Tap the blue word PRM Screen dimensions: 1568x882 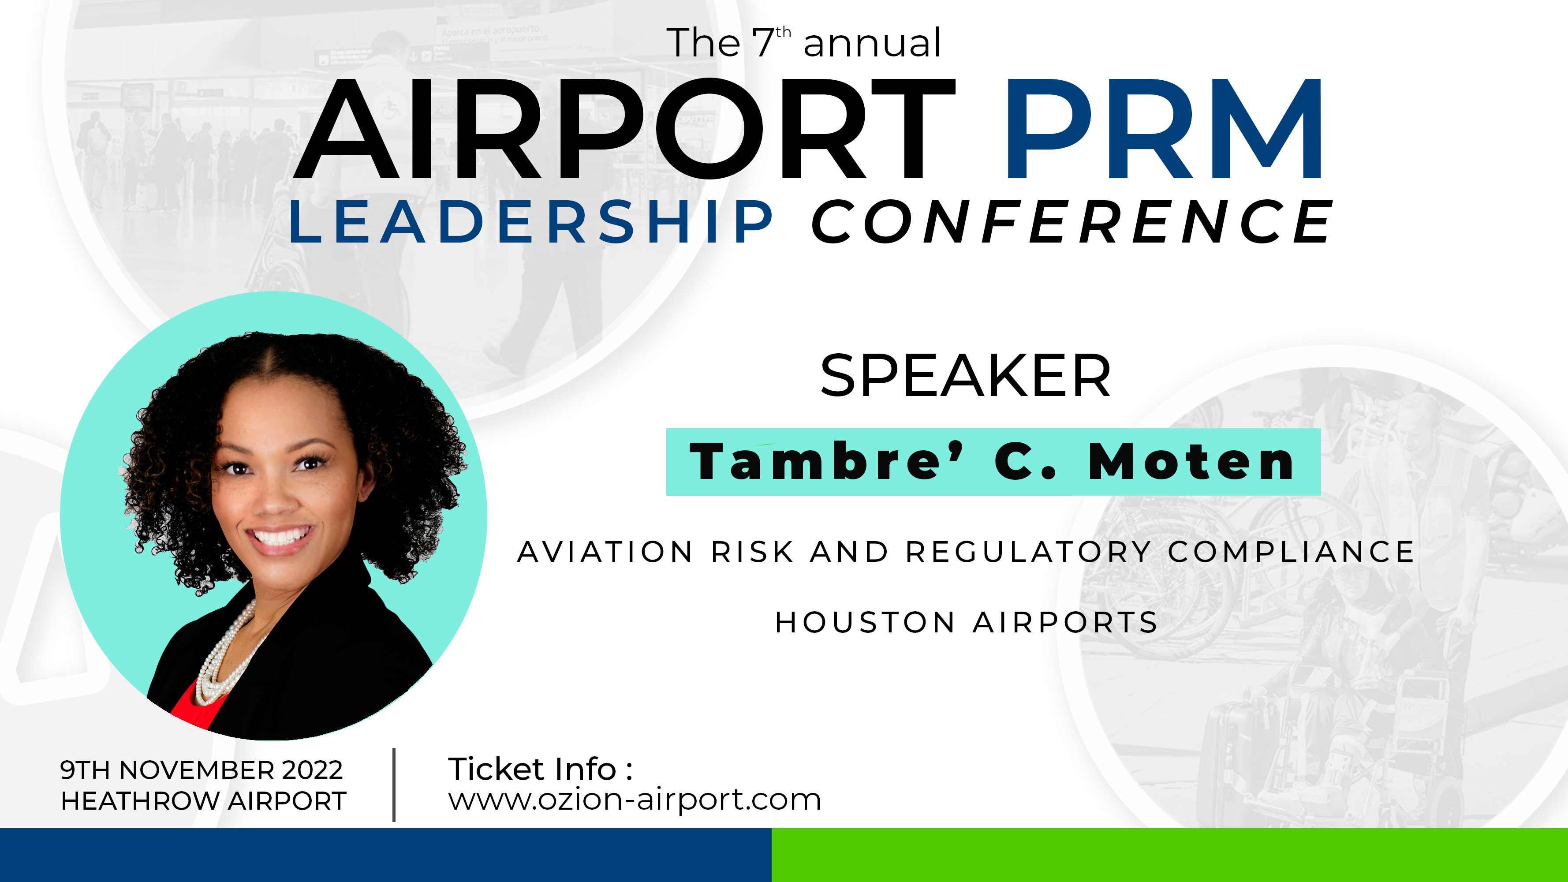[1164, 129]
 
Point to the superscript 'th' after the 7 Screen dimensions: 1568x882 [784, 32]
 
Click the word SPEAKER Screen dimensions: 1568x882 [965, 376]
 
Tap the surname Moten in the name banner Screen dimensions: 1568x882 [1191, 461]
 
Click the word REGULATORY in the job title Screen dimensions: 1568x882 [1028, 552]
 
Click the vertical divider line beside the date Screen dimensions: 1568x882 [395, 785]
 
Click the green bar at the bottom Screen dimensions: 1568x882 [1170, 855]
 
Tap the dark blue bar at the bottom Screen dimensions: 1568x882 [386, 855]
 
